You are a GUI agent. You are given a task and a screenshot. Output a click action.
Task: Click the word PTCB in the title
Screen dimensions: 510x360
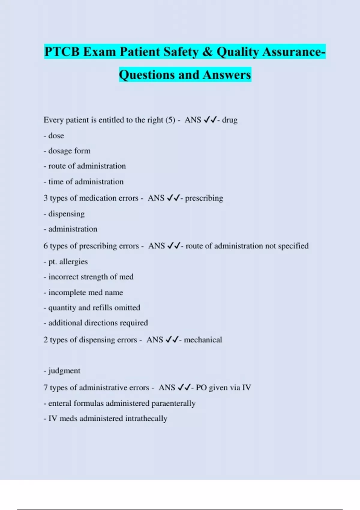point(62,52)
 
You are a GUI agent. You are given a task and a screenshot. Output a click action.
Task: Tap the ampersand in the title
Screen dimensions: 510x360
point(207,52)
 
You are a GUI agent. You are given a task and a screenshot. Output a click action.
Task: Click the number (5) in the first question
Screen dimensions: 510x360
point(170,120)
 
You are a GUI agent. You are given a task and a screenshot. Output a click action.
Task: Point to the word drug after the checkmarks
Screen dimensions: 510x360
point(230,120)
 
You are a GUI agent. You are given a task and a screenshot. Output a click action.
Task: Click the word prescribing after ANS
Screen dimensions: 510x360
point(204,198)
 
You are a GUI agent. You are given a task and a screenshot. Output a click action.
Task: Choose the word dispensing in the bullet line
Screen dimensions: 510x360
point(66,214)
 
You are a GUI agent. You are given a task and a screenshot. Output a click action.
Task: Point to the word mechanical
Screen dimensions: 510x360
point(203,340)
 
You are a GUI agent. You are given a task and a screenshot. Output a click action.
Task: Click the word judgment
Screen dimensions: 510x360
point(64,371)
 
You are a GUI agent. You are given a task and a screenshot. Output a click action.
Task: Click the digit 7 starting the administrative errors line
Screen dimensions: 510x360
point(46,388)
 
